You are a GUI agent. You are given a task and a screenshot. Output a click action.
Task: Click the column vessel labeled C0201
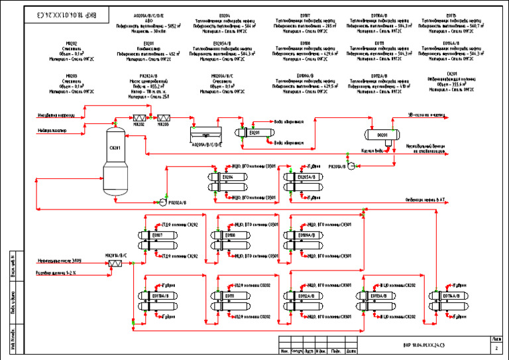115,160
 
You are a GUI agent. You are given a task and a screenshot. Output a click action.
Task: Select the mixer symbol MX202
139,115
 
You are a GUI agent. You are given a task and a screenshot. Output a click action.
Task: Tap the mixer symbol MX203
164,115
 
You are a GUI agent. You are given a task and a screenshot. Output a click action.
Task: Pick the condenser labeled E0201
254,132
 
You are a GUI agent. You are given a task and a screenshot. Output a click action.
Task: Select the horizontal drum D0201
382,135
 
